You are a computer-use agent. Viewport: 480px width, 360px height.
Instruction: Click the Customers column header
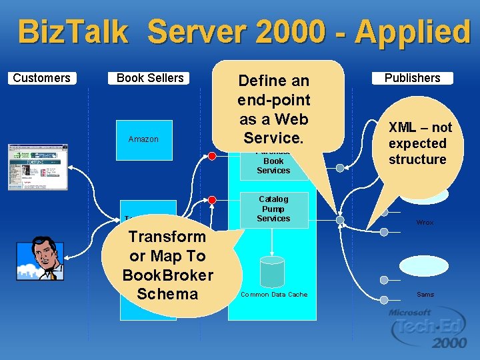tap(41, 78)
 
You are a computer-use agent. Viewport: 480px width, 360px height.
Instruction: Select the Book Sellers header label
tap(149, 78)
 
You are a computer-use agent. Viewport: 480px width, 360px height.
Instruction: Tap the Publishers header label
tap(412, 78)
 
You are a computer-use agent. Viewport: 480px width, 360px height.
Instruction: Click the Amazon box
tap(143, 139)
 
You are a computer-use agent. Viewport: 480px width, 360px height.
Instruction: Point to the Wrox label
tap(425, 223)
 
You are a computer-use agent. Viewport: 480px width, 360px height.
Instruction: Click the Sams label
tap(425, 294)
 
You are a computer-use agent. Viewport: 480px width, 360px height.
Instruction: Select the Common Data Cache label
tap(273, 294)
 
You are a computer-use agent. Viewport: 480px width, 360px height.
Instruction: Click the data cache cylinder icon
tap(272, 271)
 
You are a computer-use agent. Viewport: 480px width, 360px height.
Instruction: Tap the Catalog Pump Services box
tap(273, 209)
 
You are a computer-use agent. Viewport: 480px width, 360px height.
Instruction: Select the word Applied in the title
tap(413, 31)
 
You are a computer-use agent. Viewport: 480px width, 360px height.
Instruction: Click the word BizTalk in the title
tap(73, 31)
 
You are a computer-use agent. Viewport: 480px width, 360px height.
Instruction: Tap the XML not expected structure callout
tap(417, 143)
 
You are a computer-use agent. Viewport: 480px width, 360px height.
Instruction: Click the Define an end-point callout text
tap(273, 109)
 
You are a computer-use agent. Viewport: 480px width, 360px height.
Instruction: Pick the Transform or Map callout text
tap(167, 265)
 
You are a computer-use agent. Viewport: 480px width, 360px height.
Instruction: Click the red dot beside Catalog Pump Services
tap(212, 199)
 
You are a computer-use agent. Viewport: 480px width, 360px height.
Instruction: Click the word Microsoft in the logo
tap(411, 312)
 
